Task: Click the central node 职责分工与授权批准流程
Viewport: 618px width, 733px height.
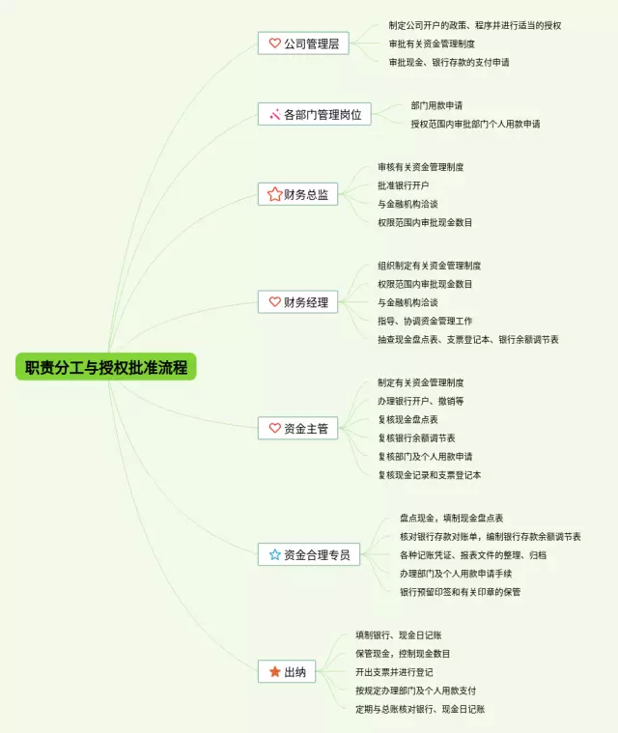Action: [105, 367]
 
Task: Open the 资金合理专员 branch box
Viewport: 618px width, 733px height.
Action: [309, 554]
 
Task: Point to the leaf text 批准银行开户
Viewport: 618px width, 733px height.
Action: [404, 185]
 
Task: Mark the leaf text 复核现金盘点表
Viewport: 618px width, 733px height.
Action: [407, 420]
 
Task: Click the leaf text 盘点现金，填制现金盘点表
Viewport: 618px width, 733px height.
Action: [451, 519]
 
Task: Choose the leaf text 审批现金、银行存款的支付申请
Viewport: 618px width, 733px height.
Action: [449, 62]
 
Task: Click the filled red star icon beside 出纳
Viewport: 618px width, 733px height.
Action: [275, 671]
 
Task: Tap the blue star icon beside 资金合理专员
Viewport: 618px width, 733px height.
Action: [275, 554]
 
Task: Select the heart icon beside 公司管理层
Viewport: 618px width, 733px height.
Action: [275, 43]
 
